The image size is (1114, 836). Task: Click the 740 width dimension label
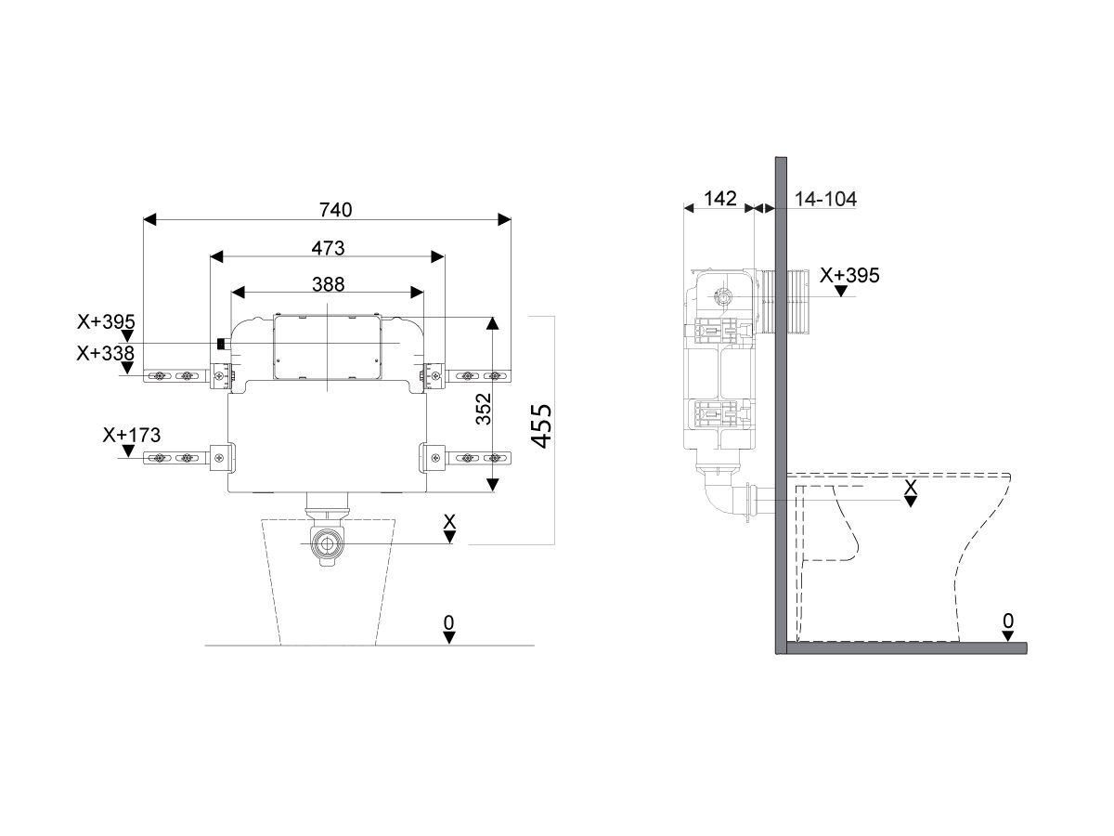tap(336, 210)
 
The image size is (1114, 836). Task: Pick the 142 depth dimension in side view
tap(719, 198)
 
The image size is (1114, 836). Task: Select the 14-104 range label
tap(825, 198)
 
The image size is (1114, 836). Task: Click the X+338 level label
tap(107, 353)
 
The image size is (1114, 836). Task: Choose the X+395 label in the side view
tap(849, 275)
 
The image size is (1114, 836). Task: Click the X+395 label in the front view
tap(107, 322)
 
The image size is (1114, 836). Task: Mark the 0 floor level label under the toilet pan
tap(1008, 620)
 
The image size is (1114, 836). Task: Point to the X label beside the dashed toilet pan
tap(911, 486)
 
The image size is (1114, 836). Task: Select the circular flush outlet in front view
tap(327, 544)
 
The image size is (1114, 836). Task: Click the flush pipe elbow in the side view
tap(718, 495)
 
